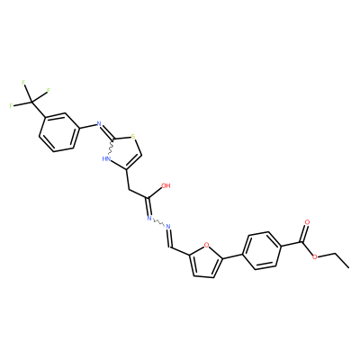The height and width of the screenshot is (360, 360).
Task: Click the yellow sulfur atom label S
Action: (x=133, y=138)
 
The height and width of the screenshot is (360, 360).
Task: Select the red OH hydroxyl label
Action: (x=166, y=185)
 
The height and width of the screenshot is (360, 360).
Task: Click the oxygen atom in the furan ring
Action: (x=206, y=245)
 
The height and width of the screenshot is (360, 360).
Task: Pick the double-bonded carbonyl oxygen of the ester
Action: (x=307, y=222)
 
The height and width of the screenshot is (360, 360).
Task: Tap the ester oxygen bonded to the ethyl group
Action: (x=315, y=257)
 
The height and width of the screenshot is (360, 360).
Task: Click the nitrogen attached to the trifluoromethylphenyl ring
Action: (x=98, y=123)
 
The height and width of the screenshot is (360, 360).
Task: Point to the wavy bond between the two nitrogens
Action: (x=158, y=222)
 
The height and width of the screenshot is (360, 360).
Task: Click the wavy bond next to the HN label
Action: (x=111, y=148)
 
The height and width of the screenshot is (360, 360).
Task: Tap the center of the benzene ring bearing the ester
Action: (x=261, y=251)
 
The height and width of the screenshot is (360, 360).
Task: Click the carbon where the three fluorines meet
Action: (x=31, y=103)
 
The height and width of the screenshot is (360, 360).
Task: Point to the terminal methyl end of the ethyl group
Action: (x=349, y=266)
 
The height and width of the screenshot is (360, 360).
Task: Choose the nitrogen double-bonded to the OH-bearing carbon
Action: (x=148, y=219)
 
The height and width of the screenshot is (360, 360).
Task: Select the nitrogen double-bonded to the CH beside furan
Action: (x=168, y=226)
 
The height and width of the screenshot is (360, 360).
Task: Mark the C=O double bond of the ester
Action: (x=303, y=232)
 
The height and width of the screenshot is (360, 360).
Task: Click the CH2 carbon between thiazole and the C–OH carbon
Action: (x=129, y=190)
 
